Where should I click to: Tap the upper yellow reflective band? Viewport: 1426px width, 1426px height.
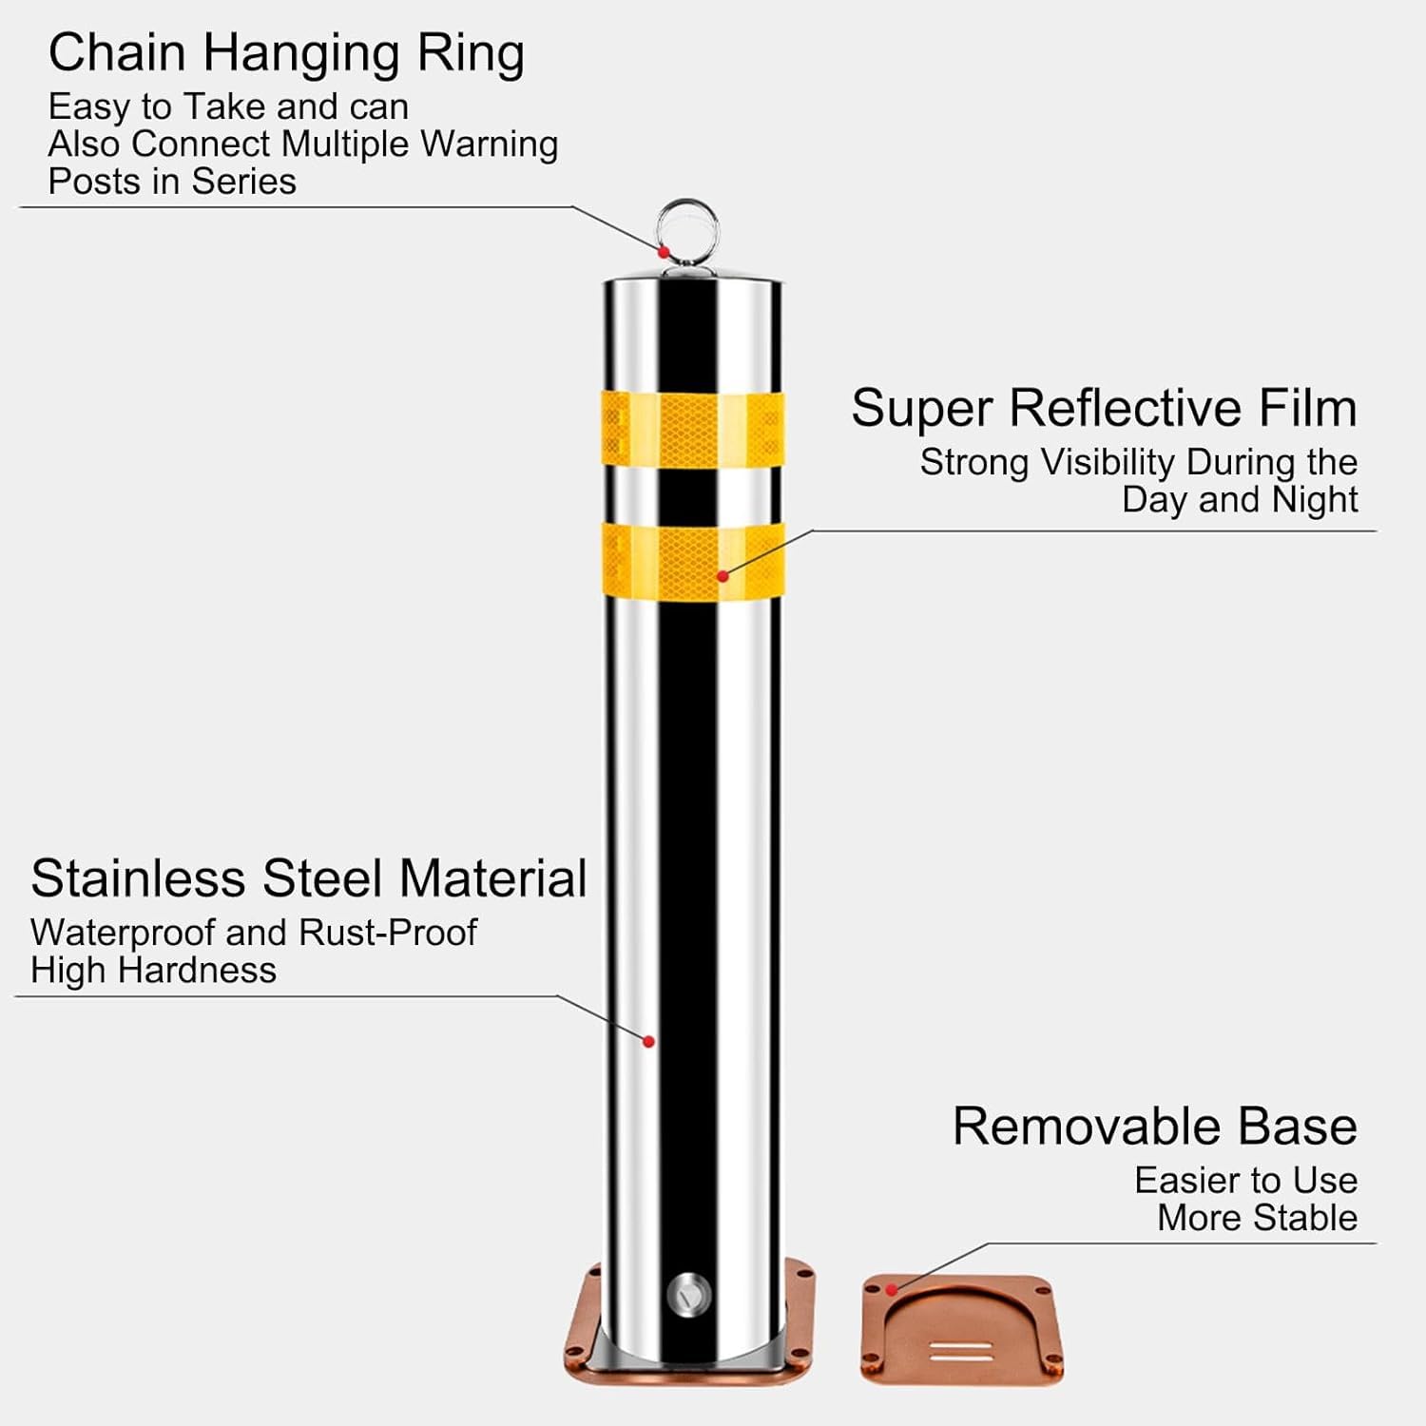693,429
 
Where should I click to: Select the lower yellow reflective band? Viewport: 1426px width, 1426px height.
693,560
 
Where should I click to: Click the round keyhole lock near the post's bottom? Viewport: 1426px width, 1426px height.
689,1294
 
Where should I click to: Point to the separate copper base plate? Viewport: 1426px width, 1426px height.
962,1330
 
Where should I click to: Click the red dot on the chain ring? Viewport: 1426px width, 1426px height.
664,252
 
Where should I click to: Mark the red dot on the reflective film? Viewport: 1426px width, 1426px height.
723,576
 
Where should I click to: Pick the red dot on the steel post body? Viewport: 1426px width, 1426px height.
648,1042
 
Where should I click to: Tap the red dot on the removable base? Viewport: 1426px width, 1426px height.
892,1290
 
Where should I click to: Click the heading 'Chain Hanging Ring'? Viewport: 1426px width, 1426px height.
286,53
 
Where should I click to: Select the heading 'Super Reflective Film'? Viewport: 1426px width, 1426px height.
1104,408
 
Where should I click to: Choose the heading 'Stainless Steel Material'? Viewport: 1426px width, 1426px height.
308,878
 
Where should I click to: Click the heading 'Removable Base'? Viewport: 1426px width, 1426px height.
1155,1127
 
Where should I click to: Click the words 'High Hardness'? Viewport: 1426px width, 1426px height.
153,971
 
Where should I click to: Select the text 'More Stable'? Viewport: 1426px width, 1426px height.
1257,1218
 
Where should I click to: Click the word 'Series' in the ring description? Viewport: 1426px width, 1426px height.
244,182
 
